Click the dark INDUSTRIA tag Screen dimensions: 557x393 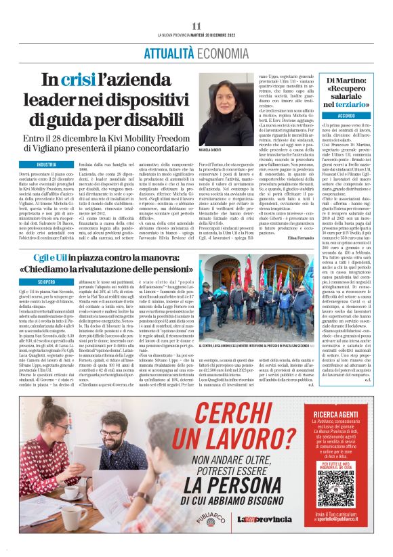(x=47, y=165)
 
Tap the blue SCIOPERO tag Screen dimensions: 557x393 (x=47, y=281)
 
